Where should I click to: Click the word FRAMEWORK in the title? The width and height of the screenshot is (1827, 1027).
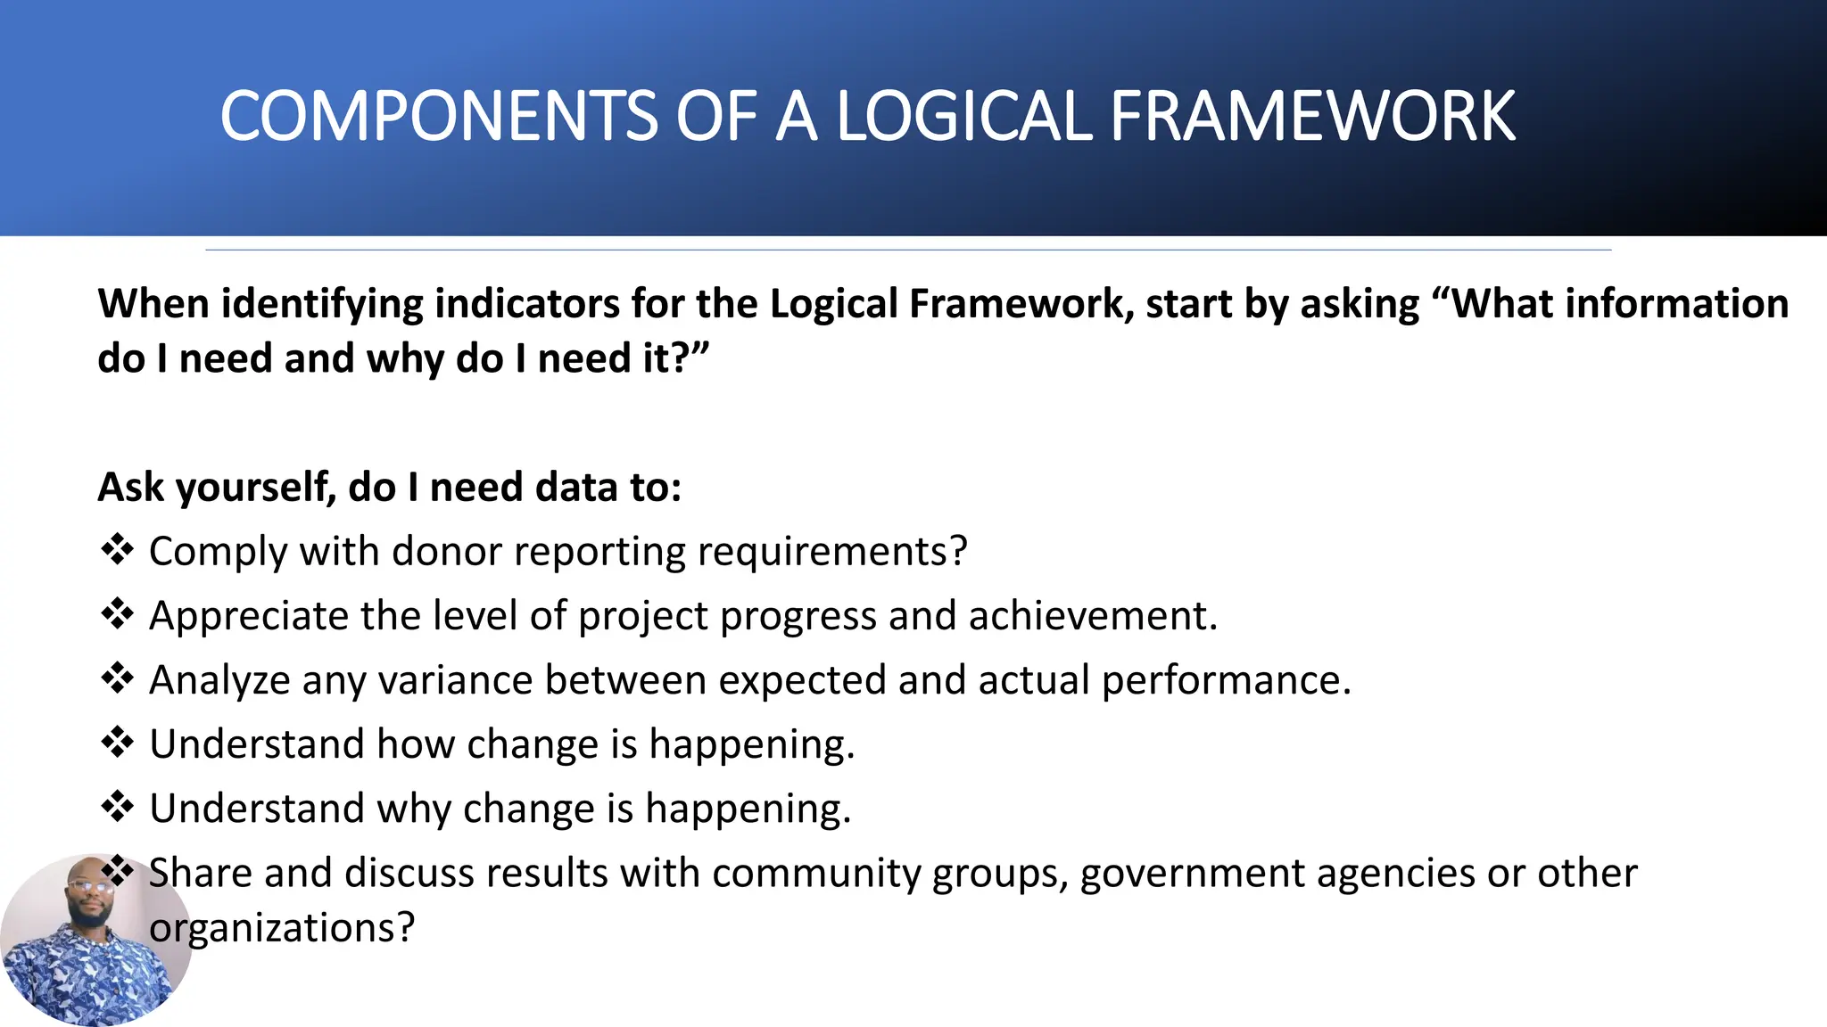coord(1311,117)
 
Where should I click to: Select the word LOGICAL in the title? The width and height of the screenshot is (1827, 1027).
coord(963,117)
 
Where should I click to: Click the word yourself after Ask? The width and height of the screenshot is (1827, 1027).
coord(256,489)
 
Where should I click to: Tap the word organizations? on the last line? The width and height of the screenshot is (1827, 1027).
coord(282,928)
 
